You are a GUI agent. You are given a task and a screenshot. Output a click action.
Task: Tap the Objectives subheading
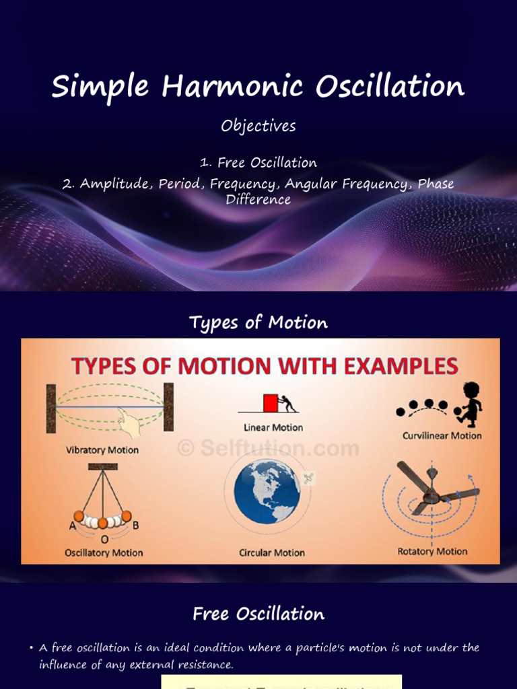tap(258, 126)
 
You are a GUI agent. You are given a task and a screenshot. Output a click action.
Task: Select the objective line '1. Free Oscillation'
tap(258, 163)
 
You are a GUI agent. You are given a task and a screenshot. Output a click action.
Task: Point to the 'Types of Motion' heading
tap(258, 323)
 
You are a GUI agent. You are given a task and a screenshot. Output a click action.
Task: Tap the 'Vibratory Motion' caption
tap(102, 449)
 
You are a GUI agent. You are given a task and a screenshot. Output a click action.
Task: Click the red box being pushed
tap(271, 403)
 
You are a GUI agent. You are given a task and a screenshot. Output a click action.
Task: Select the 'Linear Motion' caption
tap(273, 427)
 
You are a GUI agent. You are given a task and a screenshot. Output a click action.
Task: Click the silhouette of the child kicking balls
tap(470, 403)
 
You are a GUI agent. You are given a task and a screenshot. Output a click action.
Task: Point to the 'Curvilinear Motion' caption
tap(442, 435)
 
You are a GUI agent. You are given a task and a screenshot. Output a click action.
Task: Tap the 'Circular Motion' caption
tap(272, 553)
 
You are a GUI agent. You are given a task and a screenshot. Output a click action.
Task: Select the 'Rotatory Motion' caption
tap(432, 552)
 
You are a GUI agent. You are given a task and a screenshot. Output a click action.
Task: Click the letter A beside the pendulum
tap(72, 526)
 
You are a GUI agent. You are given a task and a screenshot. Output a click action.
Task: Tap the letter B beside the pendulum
tap(135, 525)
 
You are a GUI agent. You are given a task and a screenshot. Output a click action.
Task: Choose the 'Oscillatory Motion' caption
tap(104, 553)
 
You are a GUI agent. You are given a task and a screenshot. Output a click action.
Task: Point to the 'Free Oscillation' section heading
tap(258, 614)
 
